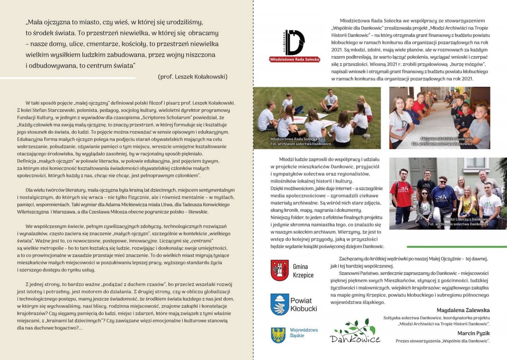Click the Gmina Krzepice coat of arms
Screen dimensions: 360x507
(279, 270)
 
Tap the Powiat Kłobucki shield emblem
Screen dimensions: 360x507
(279, 304)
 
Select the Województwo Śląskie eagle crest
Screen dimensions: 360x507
(278, 334)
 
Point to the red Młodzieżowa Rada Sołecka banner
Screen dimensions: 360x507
(294, 60)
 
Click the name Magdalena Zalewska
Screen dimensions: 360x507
(463, 310)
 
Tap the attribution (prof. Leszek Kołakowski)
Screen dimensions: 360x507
(193, 77)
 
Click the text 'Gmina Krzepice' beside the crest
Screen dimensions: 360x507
(303, 271)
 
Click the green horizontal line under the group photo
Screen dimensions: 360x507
(456, 247)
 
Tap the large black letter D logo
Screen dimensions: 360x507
(294, 42)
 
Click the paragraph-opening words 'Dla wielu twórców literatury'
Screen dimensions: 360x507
(57, 190)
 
